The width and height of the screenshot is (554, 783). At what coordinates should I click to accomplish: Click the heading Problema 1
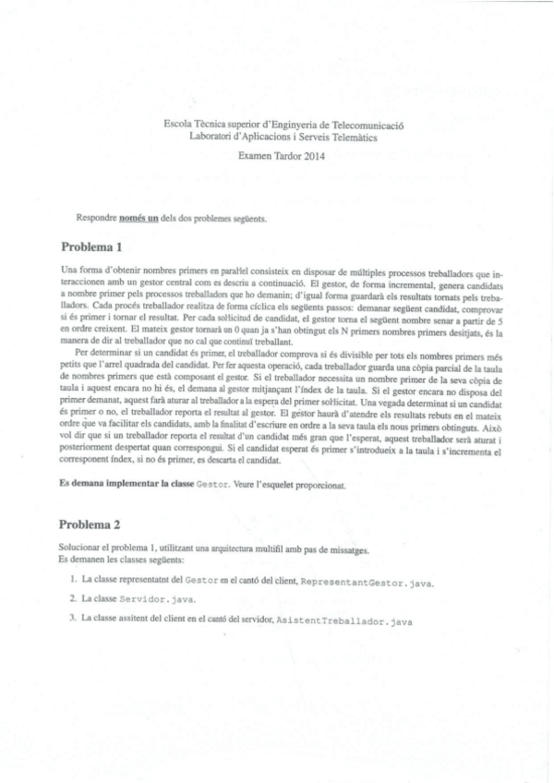pyautogui.click(x=91, y=247)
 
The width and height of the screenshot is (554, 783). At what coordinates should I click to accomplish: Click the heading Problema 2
pyautogui.click(x=91, y=525)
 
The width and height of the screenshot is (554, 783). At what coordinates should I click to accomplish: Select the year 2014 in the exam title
pyautogui.click(x=314, y=157)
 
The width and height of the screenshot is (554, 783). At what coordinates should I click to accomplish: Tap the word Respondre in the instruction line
pyautogui.click(x=97, y=219)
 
